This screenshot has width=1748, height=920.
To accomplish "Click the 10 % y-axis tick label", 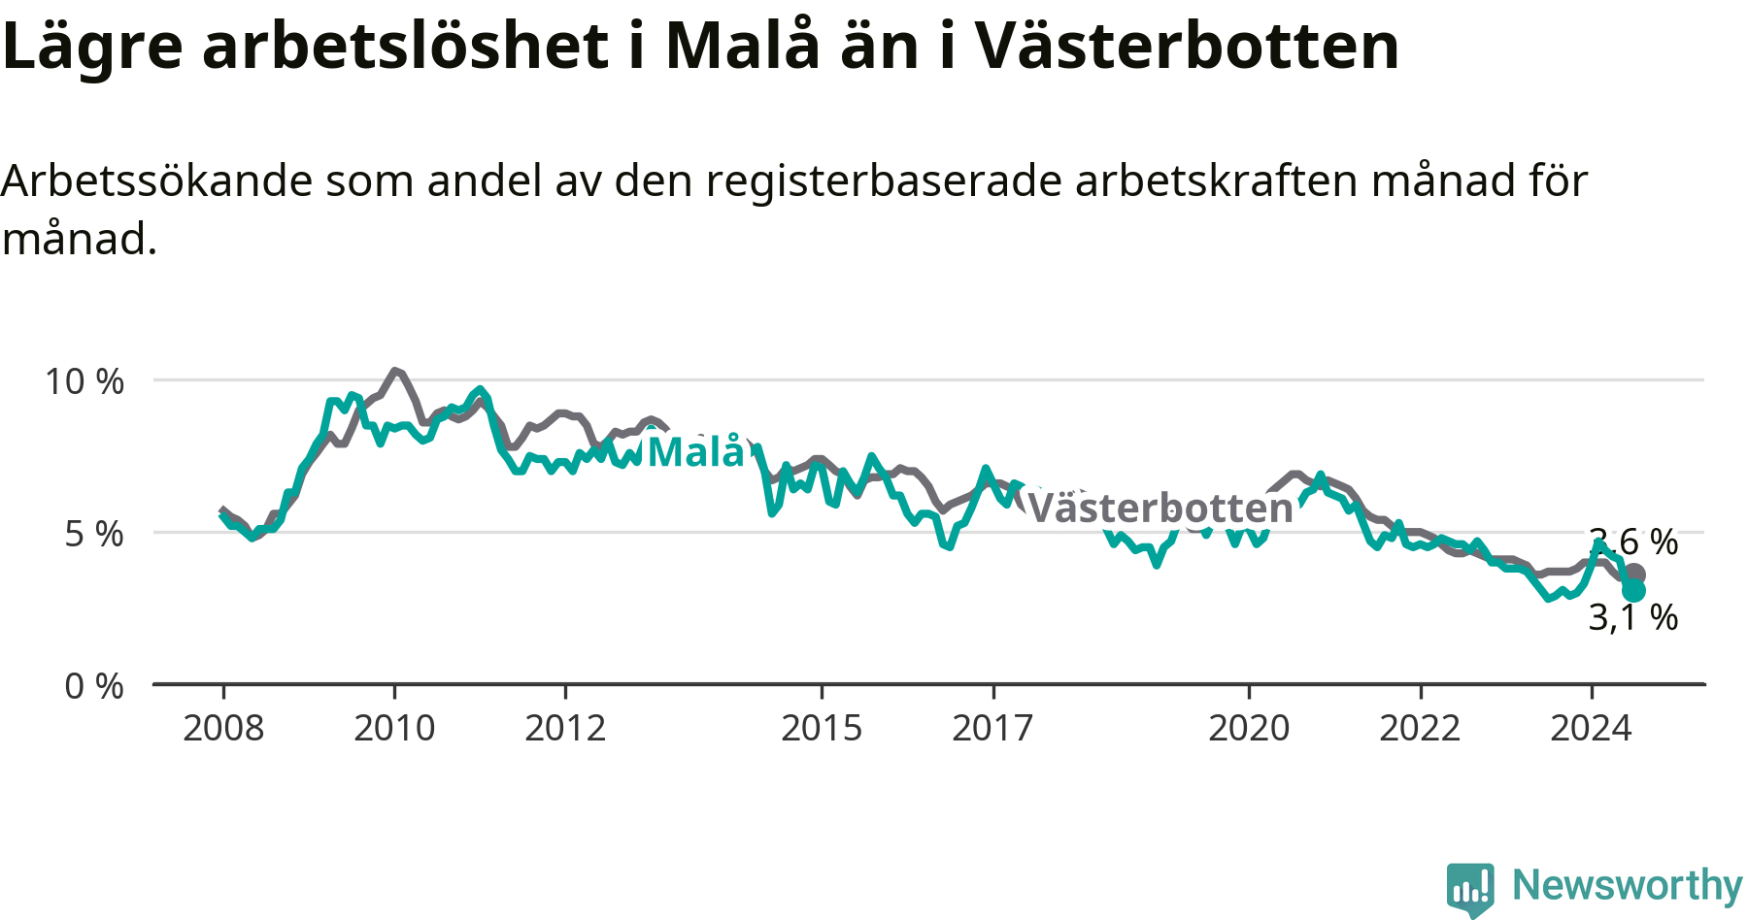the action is tap(84, 381).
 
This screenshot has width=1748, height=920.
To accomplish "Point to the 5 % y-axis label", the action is tap(94, 534).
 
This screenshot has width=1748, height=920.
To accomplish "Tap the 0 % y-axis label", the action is tap(94, 686).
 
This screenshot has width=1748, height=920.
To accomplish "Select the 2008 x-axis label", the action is tap(223, 728).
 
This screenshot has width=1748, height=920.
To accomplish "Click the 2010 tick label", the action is tap(394, 728).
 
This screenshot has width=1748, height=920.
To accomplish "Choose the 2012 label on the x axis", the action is tap(565, 728).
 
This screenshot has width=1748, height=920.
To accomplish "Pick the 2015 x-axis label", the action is tap(822, 728).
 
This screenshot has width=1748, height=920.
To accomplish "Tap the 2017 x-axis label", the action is tap(992, 728).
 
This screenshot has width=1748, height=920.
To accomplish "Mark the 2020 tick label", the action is tap(1249, 728).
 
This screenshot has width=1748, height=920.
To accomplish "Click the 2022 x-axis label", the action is tap(1420, 728).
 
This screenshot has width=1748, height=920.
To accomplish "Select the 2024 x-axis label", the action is tap(1591, 728).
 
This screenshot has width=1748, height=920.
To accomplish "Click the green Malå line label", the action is tap(696, 451).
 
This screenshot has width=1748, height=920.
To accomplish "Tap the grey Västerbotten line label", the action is tap(1160, 508).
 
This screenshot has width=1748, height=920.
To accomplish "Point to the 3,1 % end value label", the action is tap(1633, 617).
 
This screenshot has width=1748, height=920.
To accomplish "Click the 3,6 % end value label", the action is tap(1633, 542).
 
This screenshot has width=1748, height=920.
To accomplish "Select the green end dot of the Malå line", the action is tap(1633, 591).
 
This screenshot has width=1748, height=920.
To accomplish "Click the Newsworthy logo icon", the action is tap(1470, 889).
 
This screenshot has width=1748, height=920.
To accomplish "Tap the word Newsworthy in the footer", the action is tap(1628, 885).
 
